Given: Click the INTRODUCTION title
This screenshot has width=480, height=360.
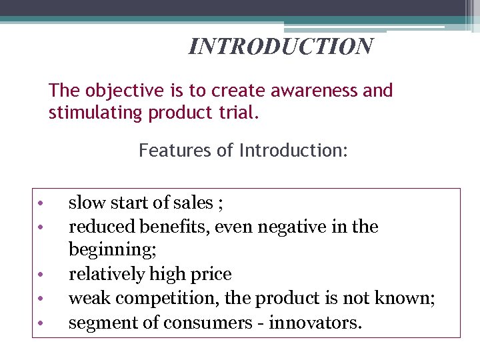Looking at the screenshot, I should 281,47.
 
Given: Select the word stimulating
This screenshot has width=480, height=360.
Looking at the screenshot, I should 96,113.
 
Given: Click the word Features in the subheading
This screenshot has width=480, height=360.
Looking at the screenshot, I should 171,151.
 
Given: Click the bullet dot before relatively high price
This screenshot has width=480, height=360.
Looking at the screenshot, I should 41,275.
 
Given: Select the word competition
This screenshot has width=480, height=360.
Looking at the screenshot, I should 154,299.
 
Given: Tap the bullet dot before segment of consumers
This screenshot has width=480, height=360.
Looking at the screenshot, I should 41,323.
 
